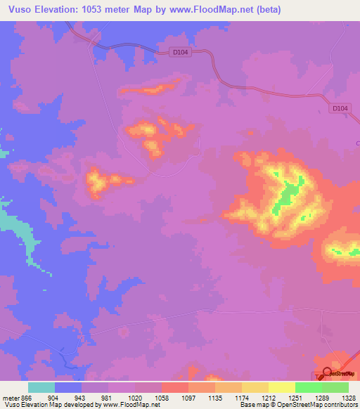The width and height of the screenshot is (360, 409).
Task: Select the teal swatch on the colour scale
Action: pyautogui.click(x=41, y=387)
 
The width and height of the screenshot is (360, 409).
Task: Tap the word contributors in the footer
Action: pyautogui.click(x=340, y=404)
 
